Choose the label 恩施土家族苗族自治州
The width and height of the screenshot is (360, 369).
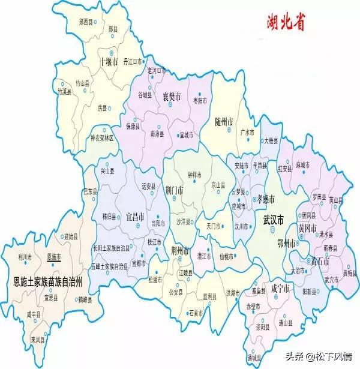click(x=47, y=280)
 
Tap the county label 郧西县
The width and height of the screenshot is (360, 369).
click(x=88, y=22)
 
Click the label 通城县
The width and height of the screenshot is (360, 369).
click(x=254, y=357)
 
